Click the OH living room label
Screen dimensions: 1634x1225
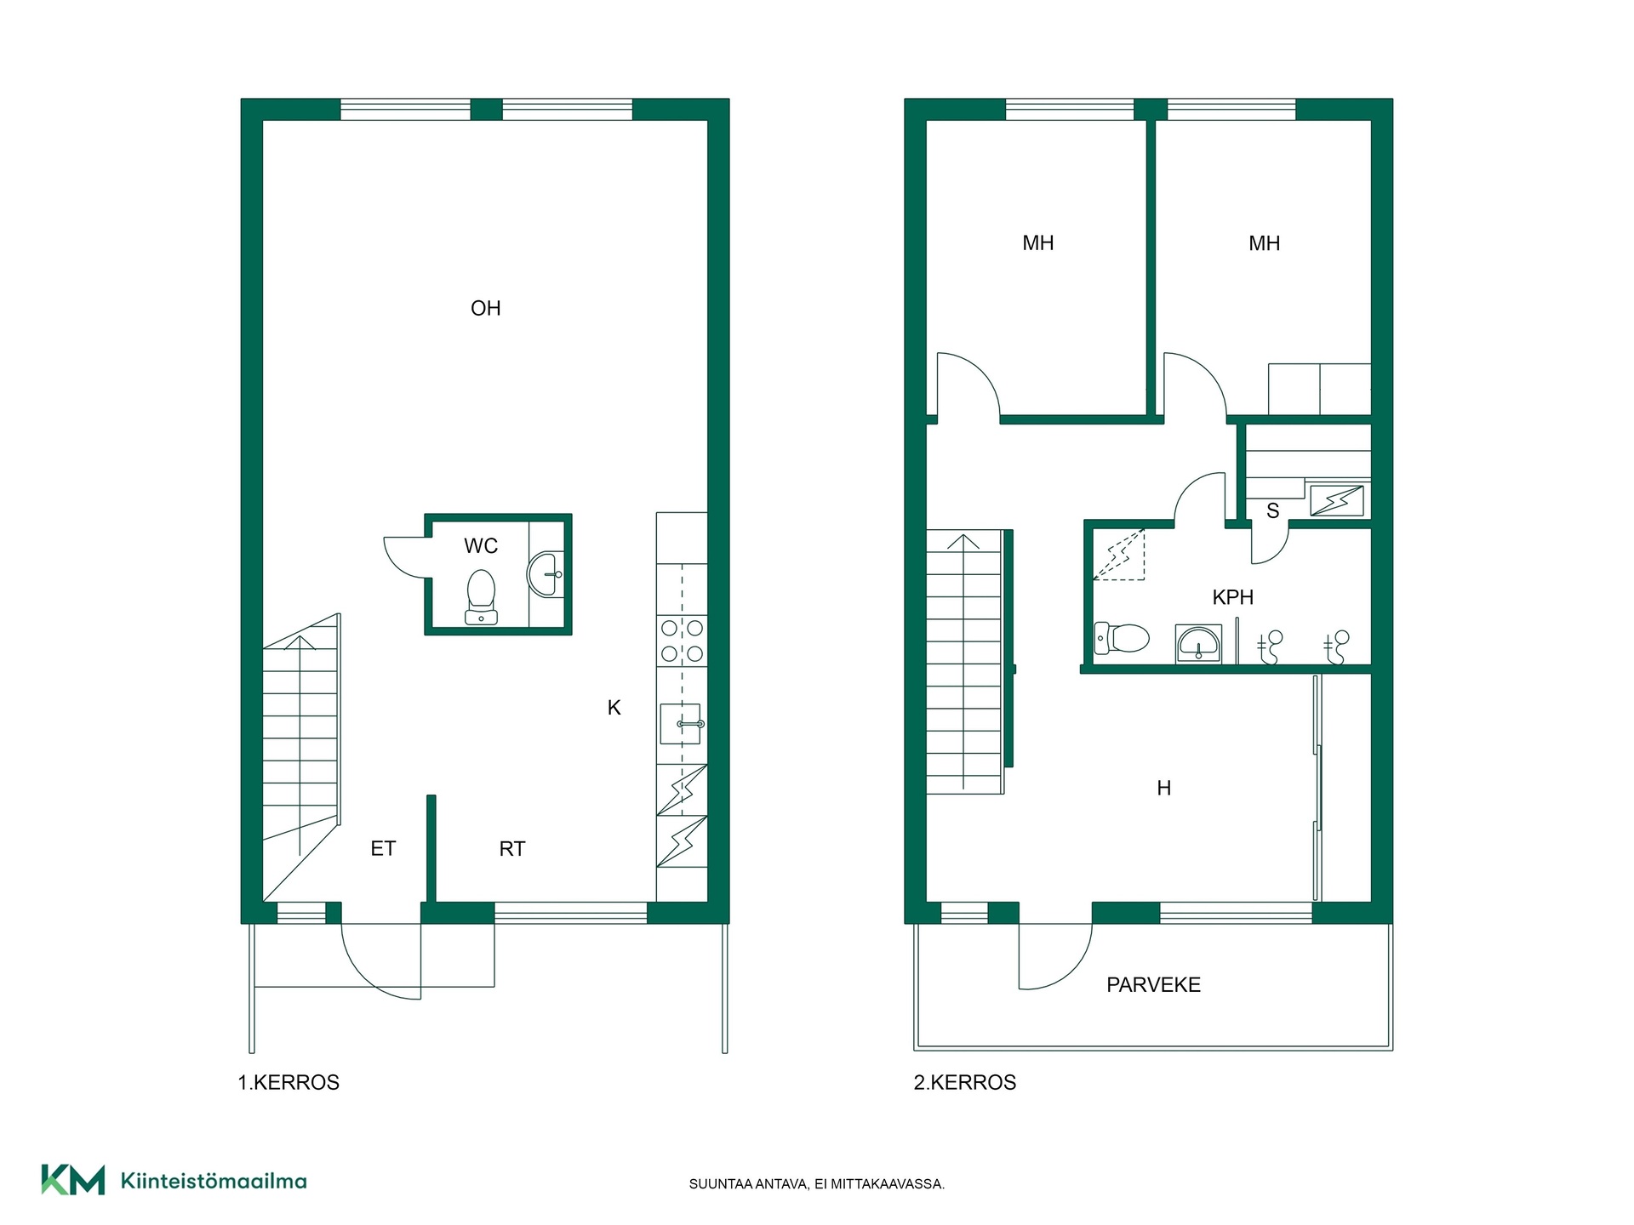tap(486, 308)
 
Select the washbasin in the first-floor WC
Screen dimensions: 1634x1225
tap(546, 575)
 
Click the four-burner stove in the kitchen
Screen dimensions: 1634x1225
tap(683, 641)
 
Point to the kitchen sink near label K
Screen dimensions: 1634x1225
tap(682, 724)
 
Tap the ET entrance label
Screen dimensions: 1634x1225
tap(383, 848)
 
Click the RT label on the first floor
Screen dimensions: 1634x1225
tap(512, 848)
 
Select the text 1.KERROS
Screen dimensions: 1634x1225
tap(289, 1082)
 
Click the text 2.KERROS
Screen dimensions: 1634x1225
tap(965, 1082)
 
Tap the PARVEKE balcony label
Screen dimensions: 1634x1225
tap(1153, 984)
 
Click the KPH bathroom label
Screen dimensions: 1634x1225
tap(1232, 597)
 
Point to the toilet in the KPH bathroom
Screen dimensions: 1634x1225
tap(1122, 637)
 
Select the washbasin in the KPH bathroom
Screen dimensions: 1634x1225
tap(1199, 644)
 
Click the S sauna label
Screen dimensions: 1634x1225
tap(1272, 510)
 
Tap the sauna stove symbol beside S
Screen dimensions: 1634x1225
tap(1337, 500)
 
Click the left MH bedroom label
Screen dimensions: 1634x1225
tap(1038, 243)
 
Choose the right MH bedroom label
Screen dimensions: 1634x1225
tap(1265, 243)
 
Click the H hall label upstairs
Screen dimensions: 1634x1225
tap(1164, 789)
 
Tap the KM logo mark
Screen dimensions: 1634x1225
tap(73, 1180)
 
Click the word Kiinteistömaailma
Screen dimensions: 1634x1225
tap(214, 1181)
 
